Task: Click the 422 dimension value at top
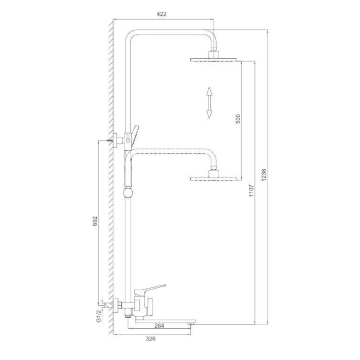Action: (x=161, y=14)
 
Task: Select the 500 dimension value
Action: (x=238, y=119)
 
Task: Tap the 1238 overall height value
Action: (x=263, y=175)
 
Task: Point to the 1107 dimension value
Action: (x=251, y=190)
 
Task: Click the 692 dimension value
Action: (x=95, y=221)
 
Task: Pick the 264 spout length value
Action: (x=159, y=326)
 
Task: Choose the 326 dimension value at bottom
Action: (x=151, y=338)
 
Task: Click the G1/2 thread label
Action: (x=98, y=316)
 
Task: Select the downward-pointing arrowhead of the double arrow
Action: (x=209, y=114)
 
